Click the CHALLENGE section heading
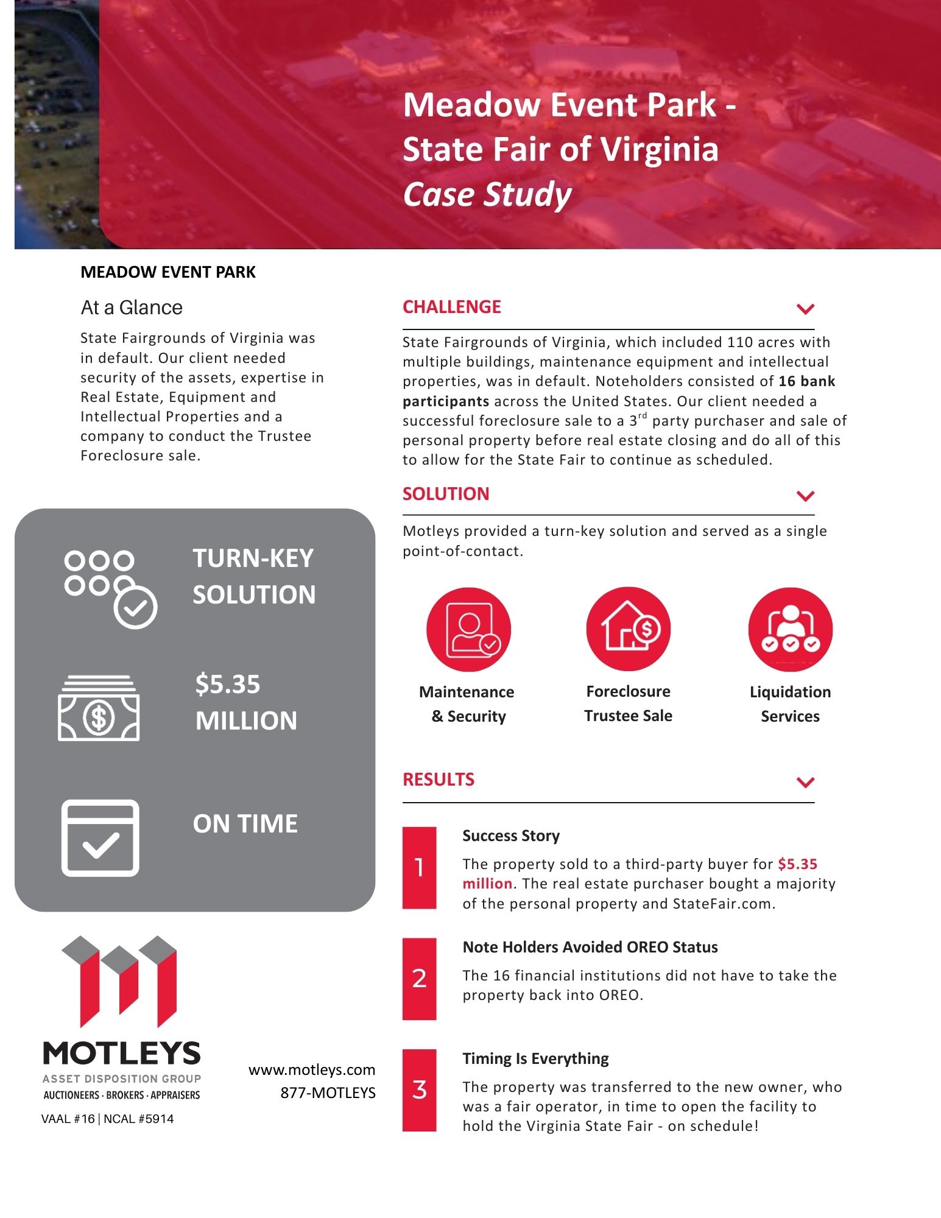click(451, 307)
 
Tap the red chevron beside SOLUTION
click(805, 496)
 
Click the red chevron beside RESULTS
click(805, 782)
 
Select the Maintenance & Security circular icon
click(468, 630)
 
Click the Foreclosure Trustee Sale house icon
click(628, 629)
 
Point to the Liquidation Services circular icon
click(790, 630)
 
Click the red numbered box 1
click(419, 867)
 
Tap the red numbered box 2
click(419, 978)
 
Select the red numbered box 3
click(419, 1090)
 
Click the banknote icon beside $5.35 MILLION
click(99, 708)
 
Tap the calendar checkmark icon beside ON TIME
click(100, 838)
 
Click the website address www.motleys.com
click(312, 1070)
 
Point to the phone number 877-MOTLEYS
click(328, 1093)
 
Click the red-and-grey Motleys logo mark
click(119, 982)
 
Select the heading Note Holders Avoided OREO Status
click(590, 947)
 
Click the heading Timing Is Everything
click(535, 1058)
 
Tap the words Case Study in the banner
click(487, 194)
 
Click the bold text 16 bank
click(806, 381)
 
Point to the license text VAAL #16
click(68, 1119)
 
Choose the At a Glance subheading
click(132, 308)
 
